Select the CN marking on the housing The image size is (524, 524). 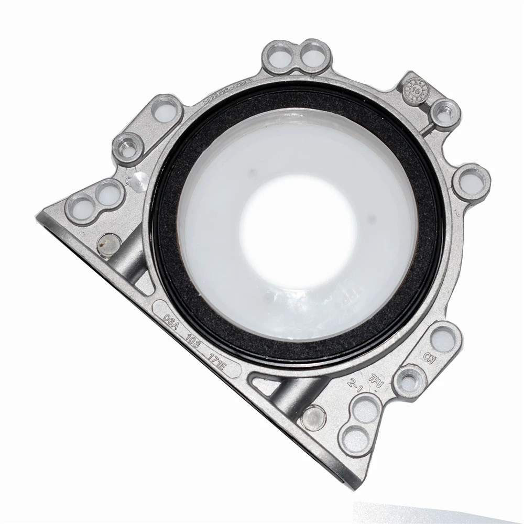(x=430, y=359)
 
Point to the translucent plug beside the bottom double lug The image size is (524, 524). (x=314, y=417)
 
